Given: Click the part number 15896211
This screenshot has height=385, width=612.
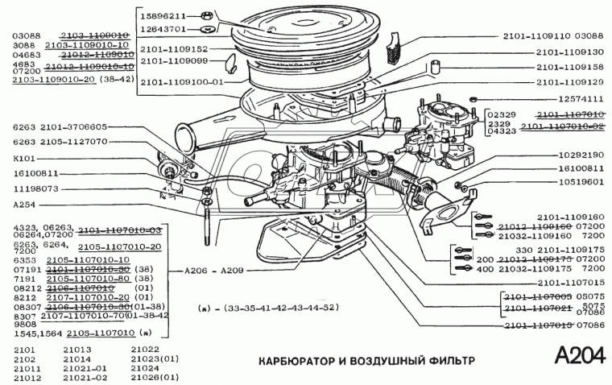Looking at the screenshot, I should click(x=163, y=15).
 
